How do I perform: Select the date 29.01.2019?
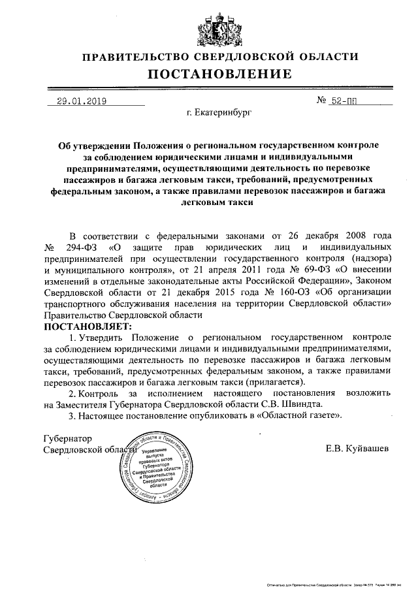pos(82,101)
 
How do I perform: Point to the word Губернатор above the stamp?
pos(67,438)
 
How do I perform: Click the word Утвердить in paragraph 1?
pos(103,337)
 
